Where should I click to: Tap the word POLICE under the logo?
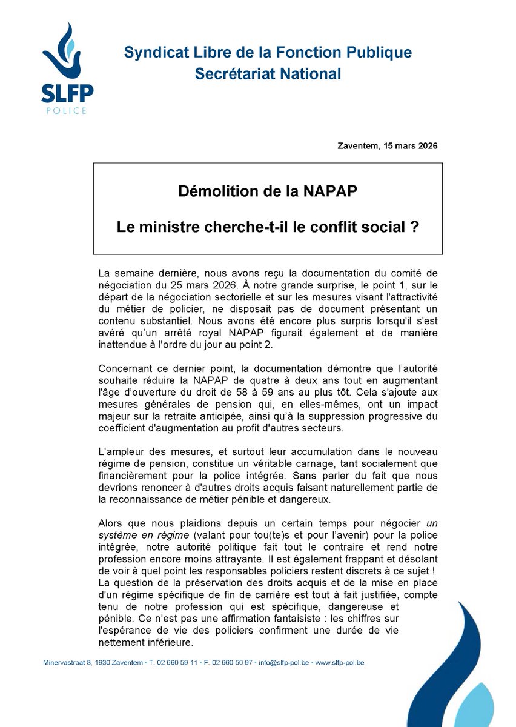click(x=67, y=111)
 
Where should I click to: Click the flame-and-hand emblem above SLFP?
click(x=65, y=55)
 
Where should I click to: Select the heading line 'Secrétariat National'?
click(x=268, y=74)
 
